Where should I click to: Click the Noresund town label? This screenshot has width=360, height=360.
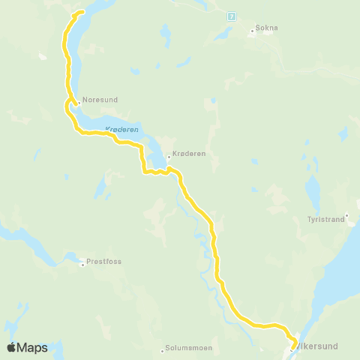click(x=101, y=98)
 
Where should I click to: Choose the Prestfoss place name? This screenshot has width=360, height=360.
click(x=104, y=262)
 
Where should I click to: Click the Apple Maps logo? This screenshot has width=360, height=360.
click(x=27, y=347)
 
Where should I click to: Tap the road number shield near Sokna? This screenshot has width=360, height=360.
click(x=232, y=16)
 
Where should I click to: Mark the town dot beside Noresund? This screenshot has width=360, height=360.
click(x=79, y=103)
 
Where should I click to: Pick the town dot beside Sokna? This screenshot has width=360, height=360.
click(x=252, y=31)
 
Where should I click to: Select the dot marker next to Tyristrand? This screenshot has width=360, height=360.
click(x=346, y=215)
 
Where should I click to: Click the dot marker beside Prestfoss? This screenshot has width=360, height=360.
click(x=82, y=264)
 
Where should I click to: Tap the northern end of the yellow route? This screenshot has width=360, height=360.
click(x=82, y=12)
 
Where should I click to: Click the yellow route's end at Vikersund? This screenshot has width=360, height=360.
click(x=292, y=347)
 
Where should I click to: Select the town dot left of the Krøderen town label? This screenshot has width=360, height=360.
click(x=169, y=157)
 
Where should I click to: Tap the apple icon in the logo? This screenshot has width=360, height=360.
click(x=11, y=347)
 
